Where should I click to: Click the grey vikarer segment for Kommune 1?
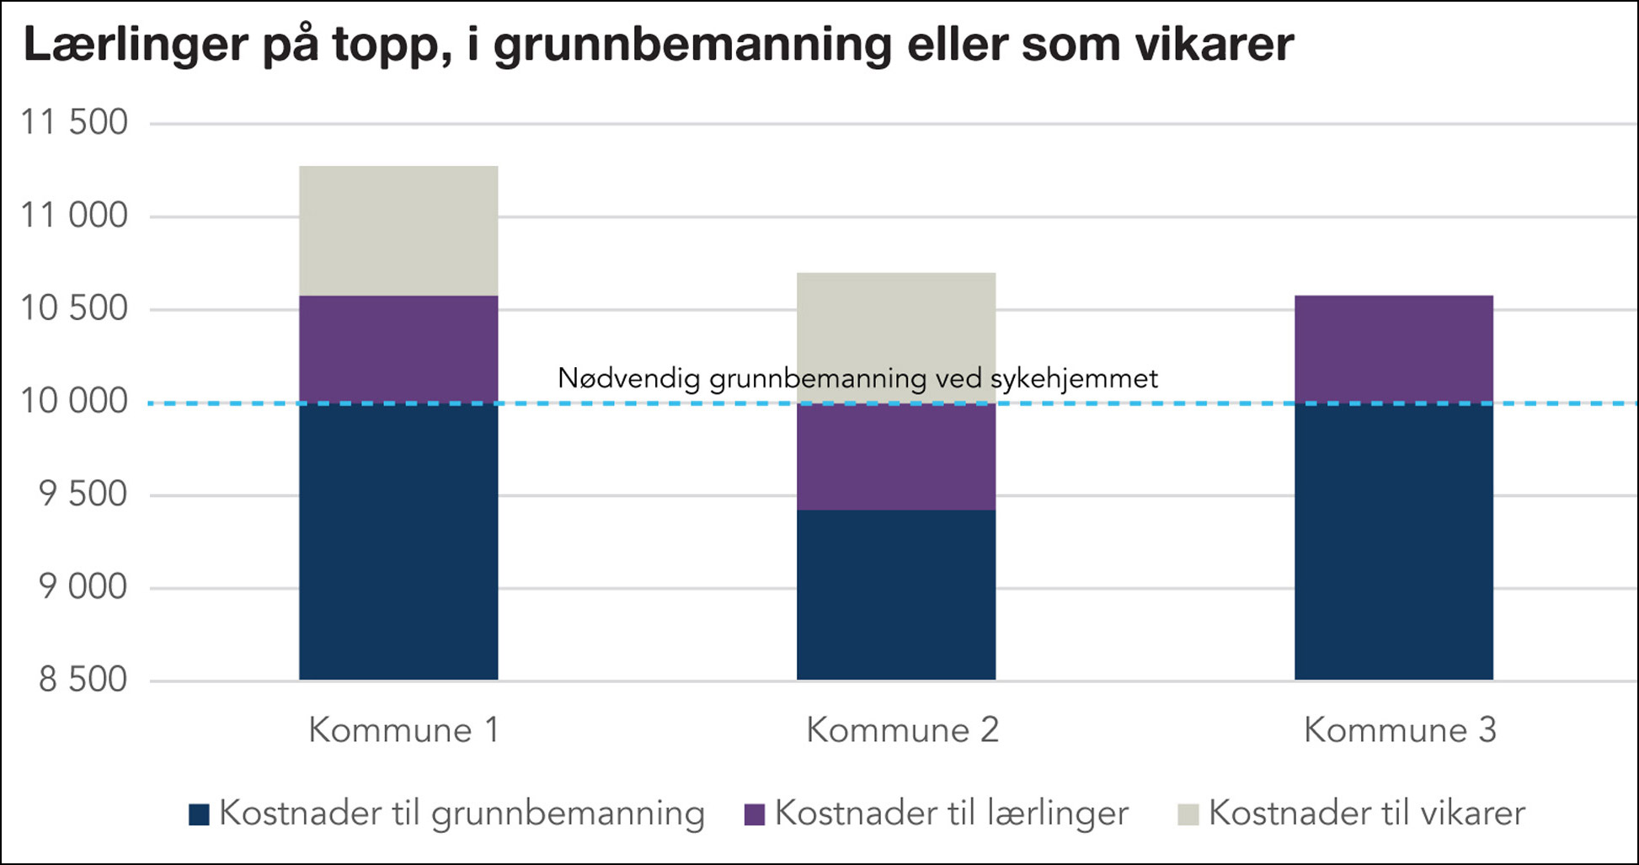coord(398,231)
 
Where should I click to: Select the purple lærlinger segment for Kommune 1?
coord(398,350)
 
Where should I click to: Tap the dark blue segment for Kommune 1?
coord(398,542)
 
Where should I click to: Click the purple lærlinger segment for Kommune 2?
coord(896,457)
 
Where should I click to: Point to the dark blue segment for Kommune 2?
coord(896,595)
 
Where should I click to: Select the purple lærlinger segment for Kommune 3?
coord(1393,350)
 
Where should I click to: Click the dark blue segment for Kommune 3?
coord(1393,542)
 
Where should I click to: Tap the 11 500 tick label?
coord(74,123)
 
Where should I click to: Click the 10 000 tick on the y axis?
coord(74,402)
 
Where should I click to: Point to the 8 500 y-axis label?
coord(83,680)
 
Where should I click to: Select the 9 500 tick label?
coord(83,494)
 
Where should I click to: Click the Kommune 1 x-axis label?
coord(403,730)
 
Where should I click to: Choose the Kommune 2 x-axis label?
coord(902,730)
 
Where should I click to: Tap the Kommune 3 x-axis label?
coord(1400,730)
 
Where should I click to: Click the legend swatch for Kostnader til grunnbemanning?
coord(199,814)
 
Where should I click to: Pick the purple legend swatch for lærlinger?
coord(755,814)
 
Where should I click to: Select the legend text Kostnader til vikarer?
coord(1366,814)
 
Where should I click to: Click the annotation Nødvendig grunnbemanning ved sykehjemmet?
coord(857,379)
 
